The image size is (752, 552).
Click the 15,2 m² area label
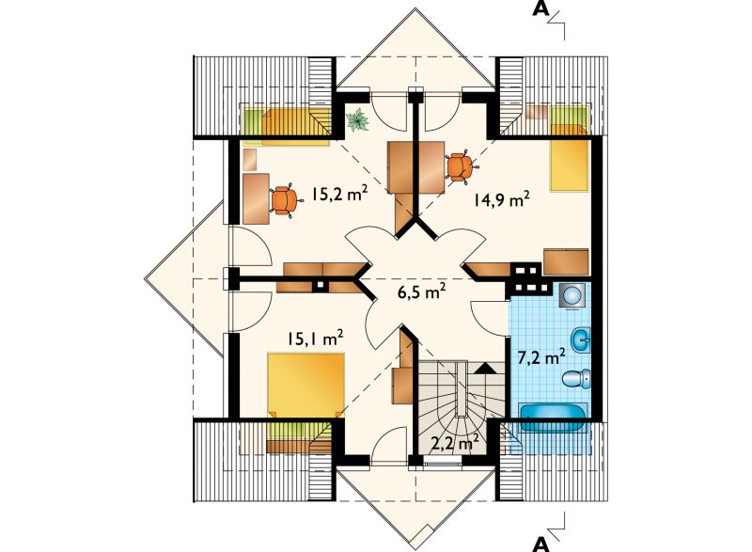pyautogui.click(x=339, y=195)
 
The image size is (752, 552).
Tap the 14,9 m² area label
pyautogui.click(x=502, y=199)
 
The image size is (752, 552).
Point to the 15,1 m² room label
pyautogui.click(x=315, y=339)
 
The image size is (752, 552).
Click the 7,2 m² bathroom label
pyautogui.click(x=541, y=357)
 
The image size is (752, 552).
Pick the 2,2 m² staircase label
pyautogui.click(x=455, y=444)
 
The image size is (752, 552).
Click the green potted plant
pyautogui.click(x=358, y=119)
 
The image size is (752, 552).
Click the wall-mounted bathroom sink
pyautogui.click(x=581, y=340)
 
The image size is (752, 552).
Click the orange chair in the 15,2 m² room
pyautogui.click(x=287, y=201)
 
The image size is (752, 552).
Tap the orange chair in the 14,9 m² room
pyautogui.click(x=462, y=166)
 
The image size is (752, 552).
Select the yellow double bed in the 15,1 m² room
pyautogui.click(x=306, y=384)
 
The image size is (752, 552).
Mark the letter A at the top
pyautogui.click(x=540, y=9)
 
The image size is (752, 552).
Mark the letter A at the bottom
pyautogui.click(x=541, y=544)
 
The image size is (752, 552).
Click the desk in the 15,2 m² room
pyautogui.click(x=256, y=199)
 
